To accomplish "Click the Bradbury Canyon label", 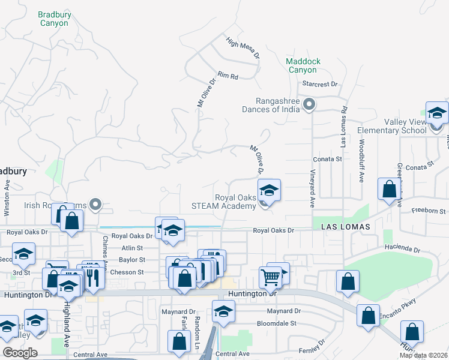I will pyautogui.click(x=54, y=18).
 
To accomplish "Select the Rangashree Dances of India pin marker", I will pyautogui.click(x=309, y=105).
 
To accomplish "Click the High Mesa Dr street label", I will pyautogui.click(x=243, y=48).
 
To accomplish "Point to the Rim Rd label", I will pyautogui.click(x=228, y=76).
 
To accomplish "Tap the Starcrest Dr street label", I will pyautogui.click(x=321, y=85).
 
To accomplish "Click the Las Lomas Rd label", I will pyautogui.click(x=344, y=127).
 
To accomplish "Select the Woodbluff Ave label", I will pyautogui.click(x=361, y=161).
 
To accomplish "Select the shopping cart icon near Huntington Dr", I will pyautogui.click(x=271, y=277).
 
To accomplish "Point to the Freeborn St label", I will pyautogui.click(x=430, y=211).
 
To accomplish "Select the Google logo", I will pyautogui.click(x=20, y=353).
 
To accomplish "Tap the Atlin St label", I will pyautogui.click(x=131, y=248).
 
